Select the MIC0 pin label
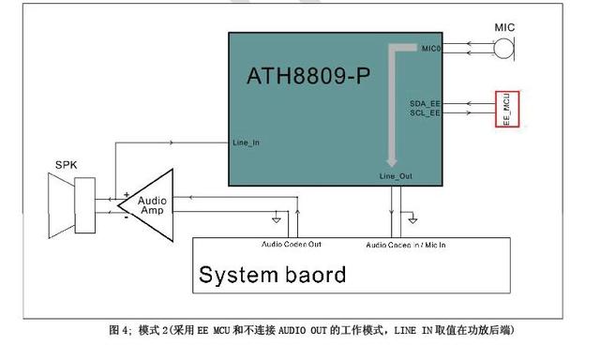pos(430,48)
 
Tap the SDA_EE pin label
pos(425,102)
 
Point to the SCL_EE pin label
pos(425,112)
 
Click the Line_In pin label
pos(245,143)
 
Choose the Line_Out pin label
pos(394,175)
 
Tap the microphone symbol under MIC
pos(505,48)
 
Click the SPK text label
pos(66,165)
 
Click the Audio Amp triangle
pos(149,206)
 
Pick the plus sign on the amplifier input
pos(125,197)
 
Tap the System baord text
pos(272,275)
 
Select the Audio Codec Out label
pos(291,245)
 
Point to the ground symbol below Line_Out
pos(412,221)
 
